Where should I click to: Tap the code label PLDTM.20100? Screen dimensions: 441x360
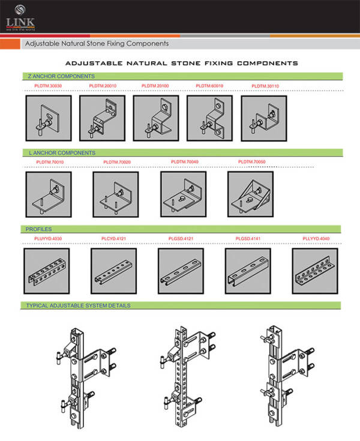155,86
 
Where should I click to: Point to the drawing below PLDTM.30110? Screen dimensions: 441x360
263,118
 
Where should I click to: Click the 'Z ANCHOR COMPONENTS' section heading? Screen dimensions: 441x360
61,77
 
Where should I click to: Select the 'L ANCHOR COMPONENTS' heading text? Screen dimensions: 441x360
62,153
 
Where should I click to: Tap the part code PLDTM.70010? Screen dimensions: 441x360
50,162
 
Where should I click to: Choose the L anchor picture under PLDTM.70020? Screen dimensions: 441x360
115,194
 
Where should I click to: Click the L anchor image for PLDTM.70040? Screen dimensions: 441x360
183,194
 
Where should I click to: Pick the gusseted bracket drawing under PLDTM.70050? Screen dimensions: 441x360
250,194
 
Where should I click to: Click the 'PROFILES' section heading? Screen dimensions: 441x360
39,229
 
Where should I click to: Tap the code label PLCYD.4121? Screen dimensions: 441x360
112,239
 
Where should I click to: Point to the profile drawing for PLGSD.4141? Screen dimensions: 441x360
248,271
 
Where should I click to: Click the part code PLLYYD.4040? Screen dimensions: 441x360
317,239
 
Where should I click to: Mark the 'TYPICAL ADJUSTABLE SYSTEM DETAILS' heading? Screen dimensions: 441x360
78,305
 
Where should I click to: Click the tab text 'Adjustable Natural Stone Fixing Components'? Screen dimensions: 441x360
96,44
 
